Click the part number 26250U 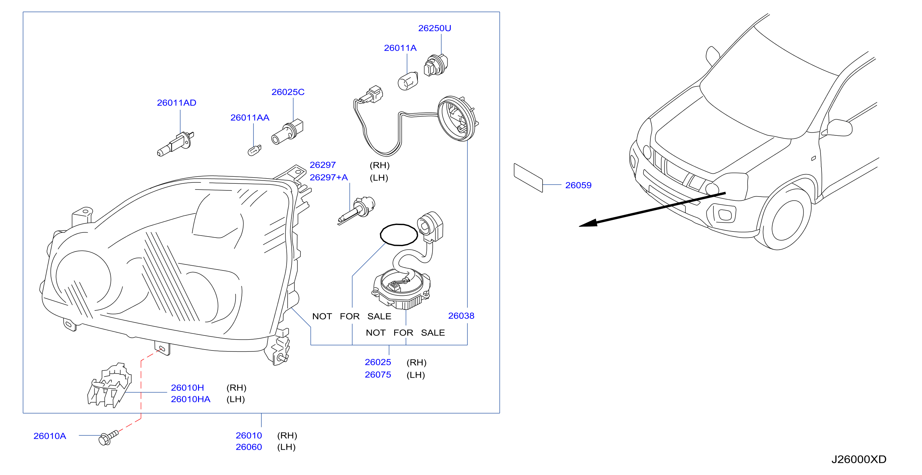[434, 28]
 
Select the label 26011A [400, 48]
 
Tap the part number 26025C [288, 92]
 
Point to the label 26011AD [177, 103]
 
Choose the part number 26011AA [250, 118]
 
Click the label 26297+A [329, 178]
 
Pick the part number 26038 [461, 316]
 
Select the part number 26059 [578, 185]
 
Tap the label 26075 [378, 375]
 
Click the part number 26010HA [190, 399]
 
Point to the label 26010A [50, 436]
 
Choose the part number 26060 [249, 447]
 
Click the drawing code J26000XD [859, 460]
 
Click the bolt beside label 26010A [108, 438]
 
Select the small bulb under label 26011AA [254, 150]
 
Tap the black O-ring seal [399, 235]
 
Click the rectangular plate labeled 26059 [528, 178]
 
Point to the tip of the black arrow [579, 226]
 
